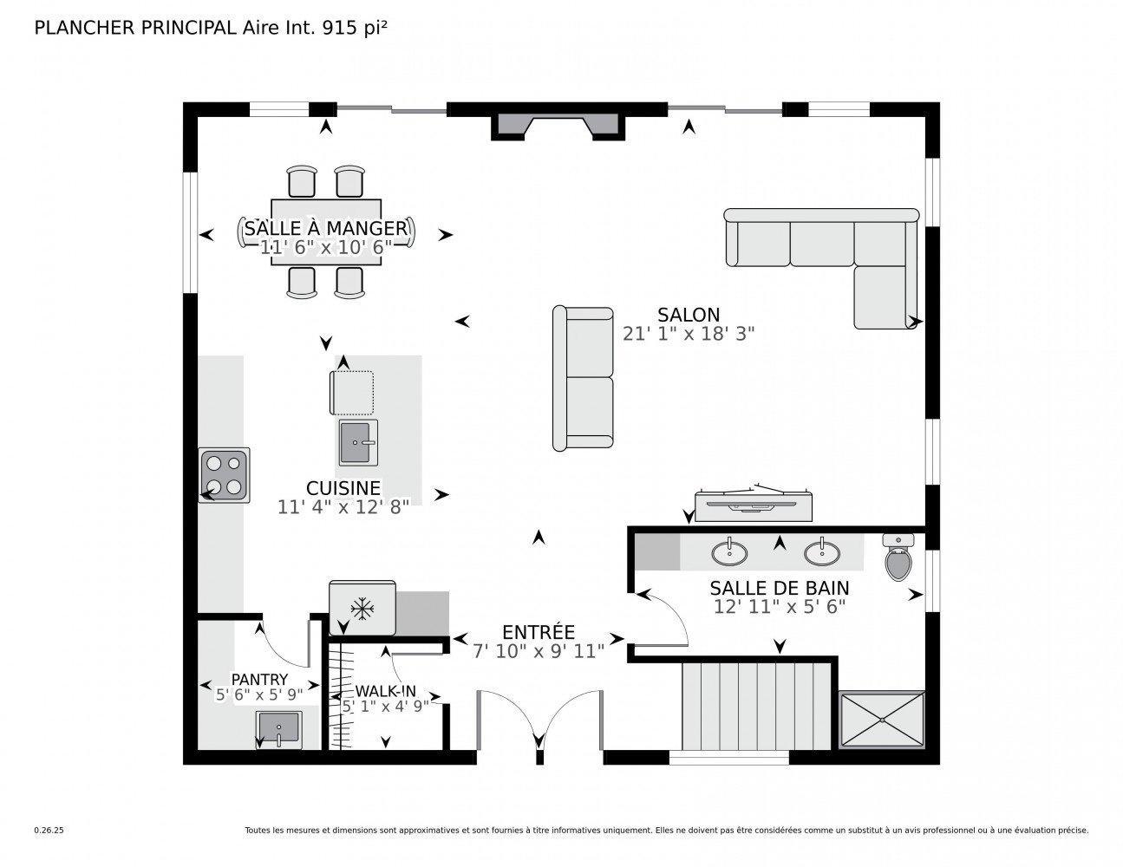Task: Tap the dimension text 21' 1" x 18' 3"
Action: click(x=689, y=334)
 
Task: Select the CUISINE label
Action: click(x=343, y=488)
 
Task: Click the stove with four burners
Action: click(x=224, y=475)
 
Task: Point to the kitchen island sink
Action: click(x=358, y=441)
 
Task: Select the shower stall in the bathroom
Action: click(x=882, y=719)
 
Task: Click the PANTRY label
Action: click(x=259, y=679)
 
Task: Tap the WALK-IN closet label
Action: click(x=385, y=691)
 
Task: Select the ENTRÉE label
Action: click(x=539, y=632)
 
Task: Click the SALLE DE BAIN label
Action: click(x=779, y=589)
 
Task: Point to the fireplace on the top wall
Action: click(x=558, y=124)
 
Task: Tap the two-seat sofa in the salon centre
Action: click(x=584, y=377)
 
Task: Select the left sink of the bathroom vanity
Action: click(x=729, y=551)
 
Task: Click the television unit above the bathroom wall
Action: click(x=753, y=505)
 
